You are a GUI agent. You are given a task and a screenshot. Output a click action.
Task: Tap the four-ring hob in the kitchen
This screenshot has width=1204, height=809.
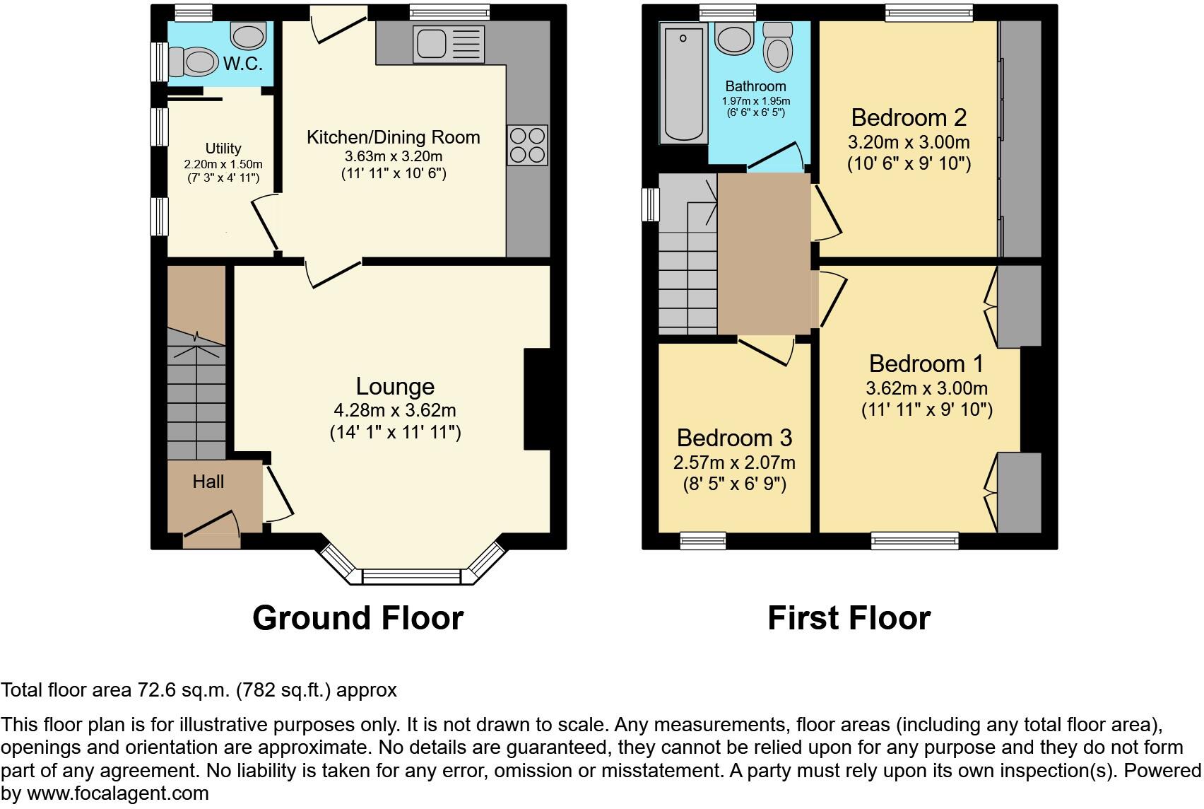[x=527, y=145]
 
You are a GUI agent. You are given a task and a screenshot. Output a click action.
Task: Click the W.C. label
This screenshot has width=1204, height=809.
[x=243, y=63]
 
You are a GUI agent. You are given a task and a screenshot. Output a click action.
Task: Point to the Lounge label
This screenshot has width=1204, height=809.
[x=394, y=386]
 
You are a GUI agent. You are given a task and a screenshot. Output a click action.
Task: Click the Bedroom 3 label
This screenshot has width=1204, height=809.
[x=734, y=438]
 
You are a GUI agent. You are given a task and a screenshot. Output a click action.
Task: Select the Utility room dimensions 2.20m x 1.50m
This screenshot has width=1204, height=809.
[x=223, y=164]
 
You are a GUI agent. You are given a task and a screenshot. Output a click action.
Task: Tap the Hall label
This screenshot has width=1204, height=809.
[x=208, y=482]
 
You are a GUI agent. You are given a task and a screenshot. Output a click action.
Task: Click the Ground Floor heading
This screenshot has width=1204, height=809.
[x=358, y=617]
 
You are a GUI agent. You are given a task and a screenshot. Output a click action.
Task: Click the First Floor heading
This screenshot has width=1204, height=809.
[x=849, y=617]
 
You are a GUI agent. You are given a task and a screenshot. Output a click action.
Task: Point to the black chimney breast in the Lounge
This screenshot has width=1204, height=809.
[x=536, y=399]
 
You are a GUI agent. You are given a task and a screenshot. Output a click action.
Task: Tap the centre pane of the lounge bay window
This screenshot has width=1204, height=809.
[x=412, y=576]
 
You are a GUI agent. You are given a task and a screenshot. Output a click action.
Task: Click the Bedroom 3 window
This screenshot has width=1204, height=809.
[x=702, y=541]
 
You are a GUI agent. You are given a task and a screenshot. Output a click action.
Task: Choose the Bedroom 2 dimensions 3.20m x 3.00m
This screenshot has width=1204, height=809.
[x=909, y=142]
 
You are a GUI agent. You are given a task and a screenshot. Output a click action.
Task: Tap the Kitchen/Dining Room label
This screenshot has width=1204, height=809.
[x=393, y=137]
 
